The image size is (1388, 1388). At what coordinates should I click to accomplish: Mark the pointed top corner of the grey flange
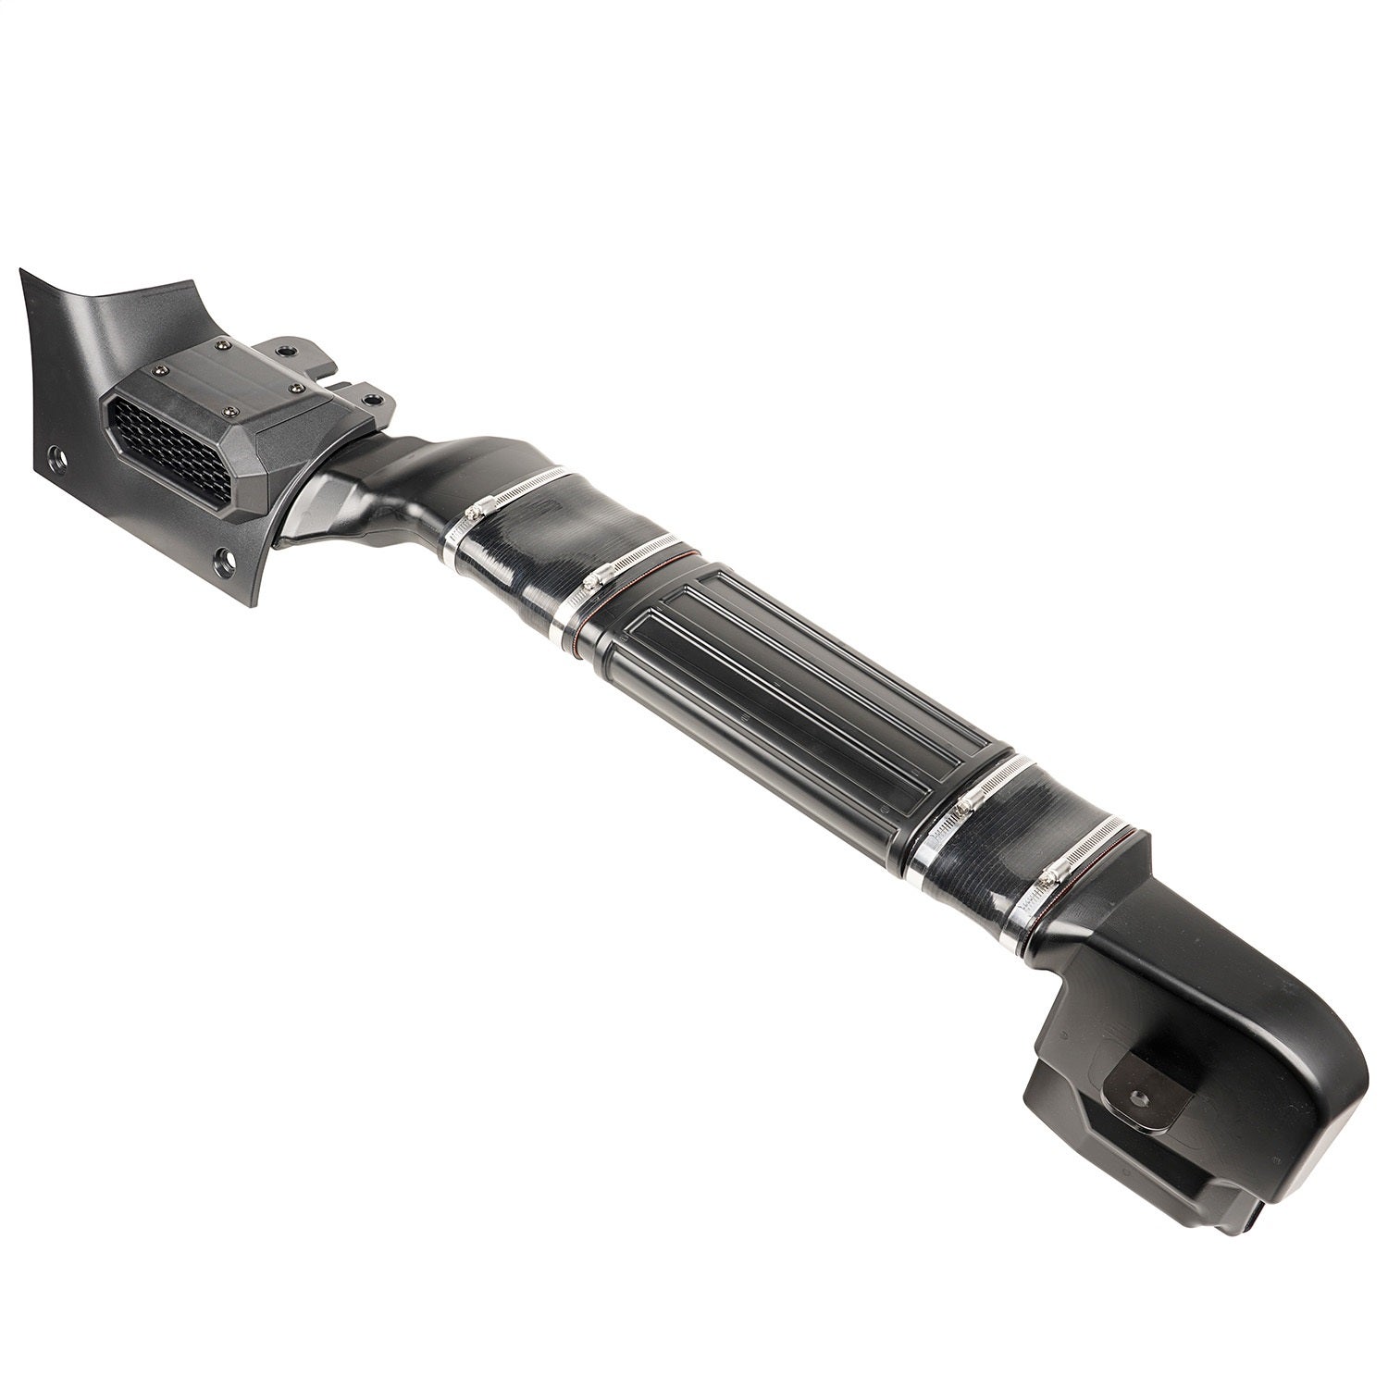[x=20, y=270]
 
